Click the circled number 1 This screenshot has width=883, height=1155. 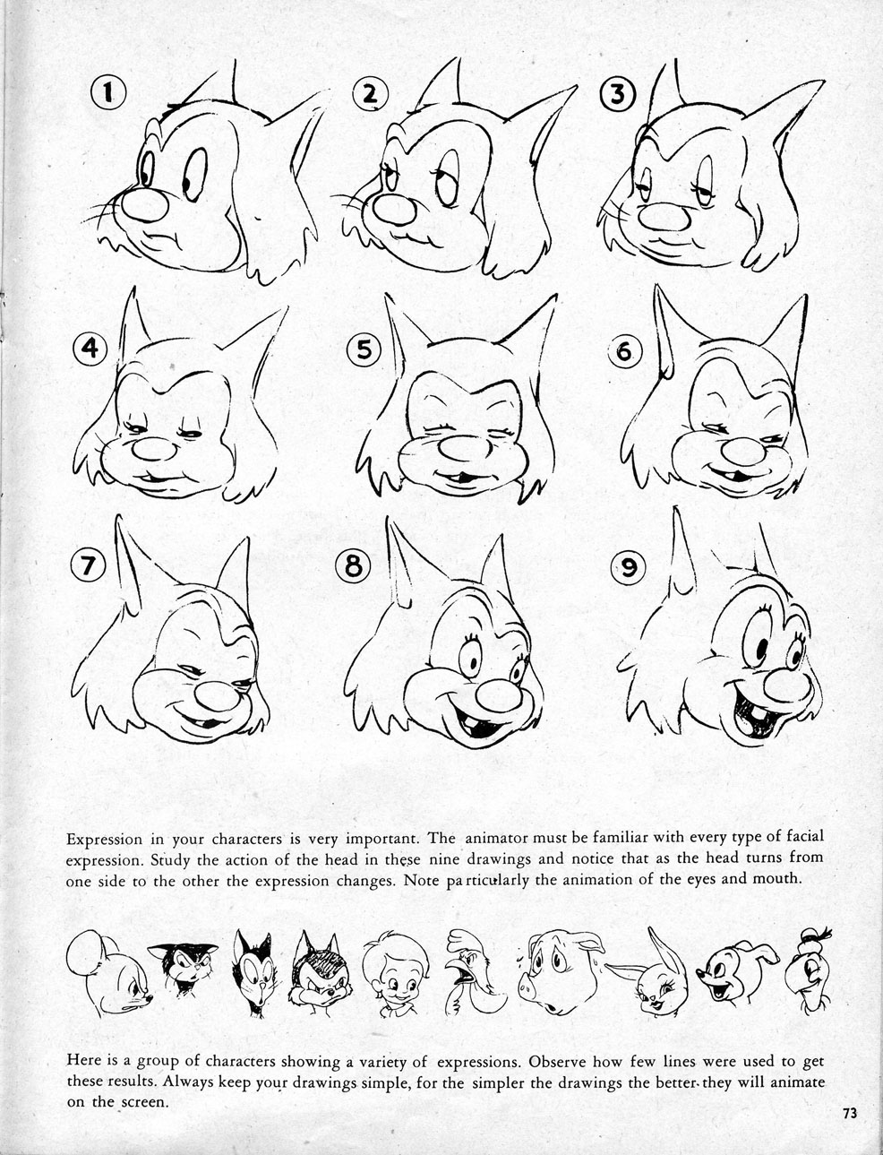point(108,92)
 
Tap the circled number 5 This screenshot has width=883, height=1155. point(364,350)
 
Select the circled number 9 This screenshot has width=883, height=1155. point(628,567)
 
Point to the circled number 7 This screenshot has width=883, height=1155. point(88,565)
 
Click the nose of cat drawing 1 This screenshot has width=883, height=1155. point(145,205)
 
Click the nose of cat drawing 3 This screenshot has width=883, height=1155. point(664,217)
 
